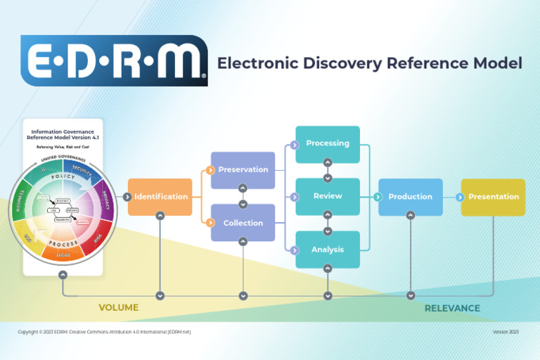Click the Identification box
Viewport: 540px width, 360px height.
click(160, 197)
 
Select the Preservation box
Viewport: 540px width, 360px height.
click(243, 169)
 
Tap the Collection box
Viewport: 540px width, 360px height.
click(243, 223)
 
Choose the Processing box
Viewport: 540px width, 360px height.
click(327, 143)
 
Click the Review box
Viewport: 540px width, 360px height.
click(327, 196)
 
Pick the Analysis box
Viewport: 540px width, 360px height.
click(327, 250)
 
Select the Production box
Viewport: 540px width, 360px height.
click(411, 197)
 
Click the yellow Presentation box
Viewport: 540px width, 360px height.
click(494, 197)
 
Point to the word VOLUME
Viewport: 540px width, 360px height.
click(118, 307)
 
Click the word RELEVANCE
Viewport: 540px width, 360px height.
click(452, 308)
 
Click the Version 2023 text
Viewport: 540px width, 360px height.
click(506, 332)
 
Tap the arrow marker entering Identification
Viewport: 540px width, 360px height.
click(127, 197)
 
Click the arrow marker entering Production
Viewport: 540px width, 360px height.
click(383, 197)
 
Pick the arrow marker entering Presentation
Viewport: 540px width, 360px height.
click(465, 197)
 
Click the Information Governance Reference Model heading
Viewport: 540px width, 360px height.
click(63, 134)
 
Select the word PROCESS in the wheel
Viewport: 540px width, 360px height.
click(63, 241)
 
